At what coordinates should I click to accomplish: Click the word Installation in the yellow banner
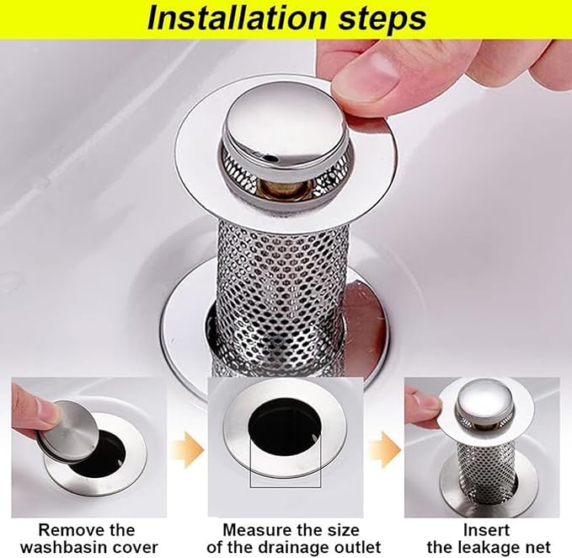(x=238, y=19)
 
